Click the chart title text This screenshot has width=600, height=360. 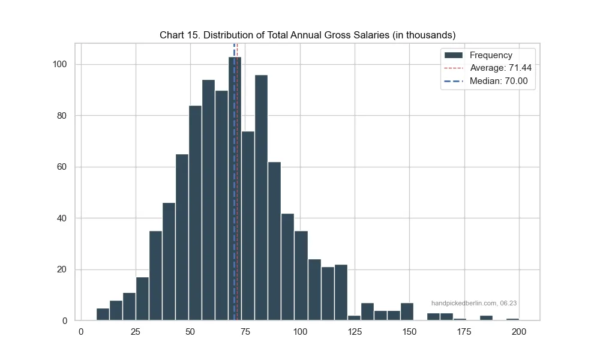(x=299, y=35)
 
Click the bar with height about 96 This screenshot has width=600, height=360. (x=260, y=198)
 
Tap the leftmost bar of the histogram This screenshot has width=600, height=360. (x=103, y=314)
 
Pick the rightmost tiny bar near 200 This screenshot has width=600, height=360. (x=512, y=319)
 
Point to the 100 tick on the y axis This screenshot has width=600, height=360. (x=62, y=64)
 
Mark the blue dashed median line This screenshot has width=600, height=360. (x=234, y=180)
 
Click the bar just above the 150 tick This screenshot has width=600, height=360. (x=407, y=312)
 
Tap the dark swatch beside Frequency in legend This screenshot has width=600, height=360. (x=453, y=55)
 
